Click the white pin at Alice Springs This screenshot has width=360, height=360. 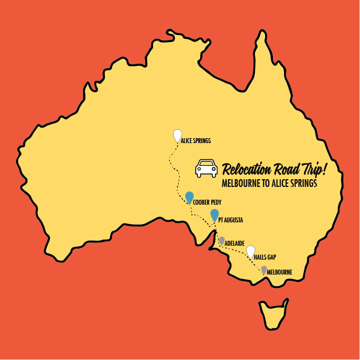click(177, 135)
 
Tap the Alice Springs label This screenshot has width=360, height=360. click(196, 141)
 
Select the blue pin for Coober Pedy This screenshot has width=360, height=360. click(190, 197)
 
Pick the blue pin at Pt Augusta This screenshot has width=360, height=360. click(215, 215)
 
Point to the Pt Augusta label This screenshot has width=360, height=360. click(231, 220)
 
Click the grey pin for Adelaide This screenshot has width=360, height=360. click(222, 241)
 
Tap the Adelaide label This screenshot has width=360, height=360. click(235, 244)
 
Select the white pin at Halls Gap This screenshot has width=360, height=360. click(251, 251)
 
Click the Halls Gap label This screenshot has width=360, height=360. click(265, 257)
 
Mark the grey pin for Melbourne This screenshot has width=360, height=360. click(263, 270)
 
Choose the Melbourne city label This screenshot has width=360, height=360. click(279, 272)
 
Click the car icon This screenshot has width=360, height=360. click(206, 168)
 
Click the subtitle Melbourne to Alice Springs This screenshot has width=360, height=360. click(269, 183)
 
